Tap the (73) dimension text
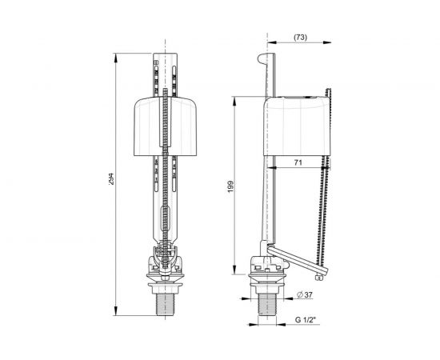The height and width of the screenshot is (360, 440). (x=301, y=37)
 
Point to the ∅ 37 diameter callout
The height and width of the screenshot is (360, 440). (x=303, y=295)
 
